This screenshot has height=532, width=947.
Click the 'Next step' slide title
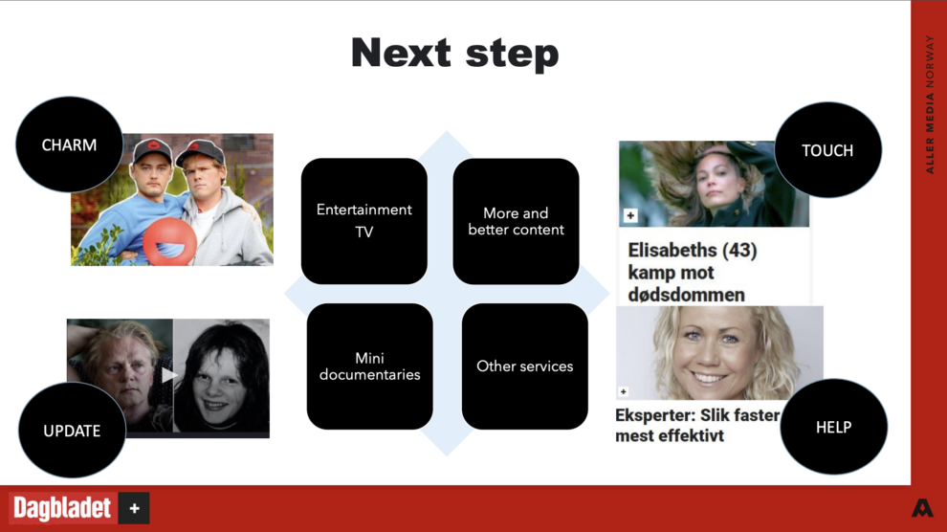click(454, 54)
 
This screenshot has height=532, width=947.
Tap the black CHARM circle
click(69, 144)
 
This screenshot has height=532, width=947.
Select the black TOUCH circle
click(827, 150)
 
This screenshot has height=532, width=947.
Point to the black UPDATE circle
click(72, 430)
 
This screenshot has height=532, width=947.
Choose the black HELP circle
click(833, 427)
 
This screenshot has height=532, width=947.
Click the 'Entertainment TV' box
click(364, 221)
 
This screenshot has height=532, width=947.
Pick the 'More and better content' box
click(516, 221)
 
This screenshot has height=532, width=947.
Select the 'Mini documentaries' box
click(369, 366)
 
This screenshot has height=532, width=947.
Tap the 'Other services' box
click(525, 366)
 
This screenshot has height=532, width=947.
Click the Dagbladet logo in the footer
click(79, 508)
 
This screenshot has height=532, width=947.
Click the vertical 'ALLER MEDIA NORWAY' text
click(930, 104)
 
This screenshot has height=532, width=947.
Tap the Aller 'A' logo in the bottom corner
click(922, 508)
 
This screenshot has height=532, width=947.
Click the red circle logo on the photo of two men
click(169, 241)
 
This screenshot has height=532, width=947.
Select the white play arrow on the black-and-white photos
click(168, 375)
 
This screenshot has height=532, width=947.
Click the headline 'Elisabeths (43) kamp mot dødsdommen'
click(693, 273)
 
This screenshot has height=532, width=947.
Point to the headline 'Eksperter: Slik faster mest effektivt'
click(697, 425)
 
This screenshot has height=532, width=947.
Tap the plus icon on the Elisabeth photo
click(630, 215)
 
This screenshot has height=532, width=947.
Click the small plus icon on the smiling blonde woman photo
click(624, 392)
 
